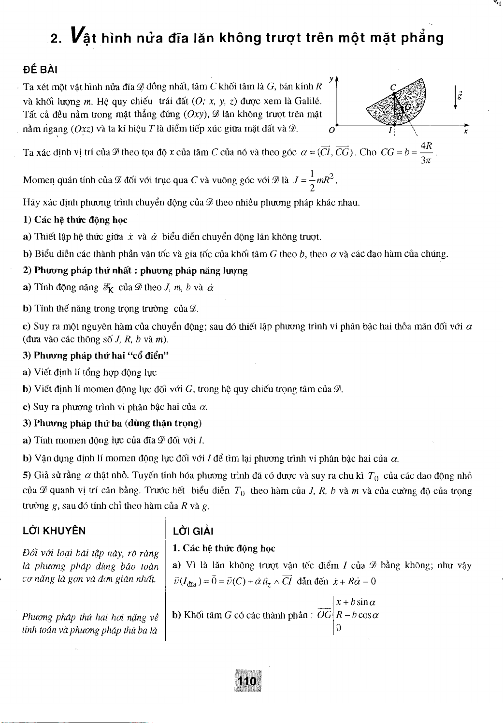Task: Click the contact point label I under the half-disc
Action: (x=389, y=131)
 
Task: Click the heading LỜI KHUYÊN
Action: (x=55, y=531)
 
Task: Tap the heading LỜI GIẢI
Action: (x=190, y=531)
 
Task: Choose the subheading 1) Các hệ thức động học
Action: (x=75, y=220)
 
